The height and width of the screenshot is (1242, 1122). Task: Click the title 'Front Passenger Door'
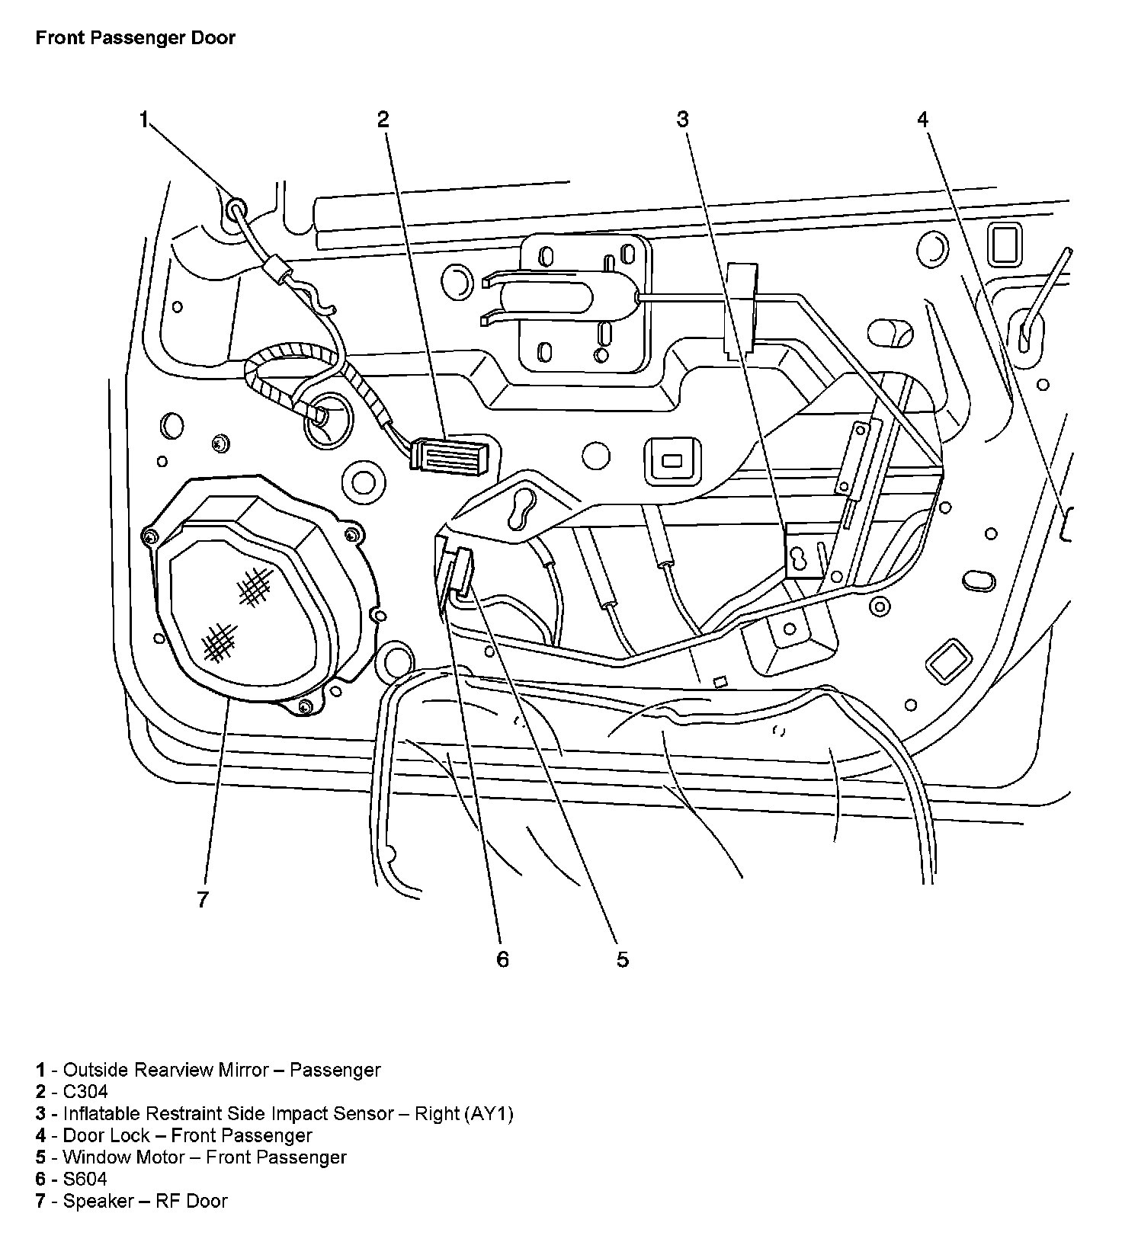136,38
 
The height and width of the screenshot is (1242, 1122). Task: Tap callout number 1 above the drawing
143,120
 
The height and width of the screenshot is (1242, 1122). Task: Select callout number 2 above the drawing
383,119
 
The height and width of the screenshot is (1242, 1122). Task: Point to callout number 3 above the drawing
682,119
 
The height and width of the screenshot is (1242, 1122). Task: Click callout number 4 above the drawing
923,119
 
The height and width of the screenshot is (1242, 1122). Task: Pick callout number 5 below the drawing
623,960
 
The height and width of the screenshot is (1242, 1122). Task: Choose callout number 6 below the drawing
502,959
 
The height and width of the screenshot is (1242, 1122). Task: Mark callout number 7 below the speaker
202,900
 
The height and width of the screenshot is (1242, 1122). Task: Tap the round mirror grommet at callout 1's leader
236,207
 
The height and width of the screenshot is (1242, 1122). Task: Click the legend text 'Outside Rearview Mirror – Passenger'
221,1070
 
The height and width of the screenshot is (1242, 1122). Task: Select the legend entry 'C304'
85,1092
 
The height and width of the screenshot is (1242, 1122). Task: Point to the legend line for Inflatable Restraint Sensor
287,1114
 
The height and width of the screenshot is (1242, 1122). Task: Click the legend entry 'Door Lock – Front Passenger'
187,1135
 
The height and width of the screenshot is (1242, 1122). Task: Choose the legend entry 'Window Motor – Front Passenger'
204,1157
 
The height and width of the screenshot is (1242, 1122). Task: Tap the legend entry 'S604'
85,1180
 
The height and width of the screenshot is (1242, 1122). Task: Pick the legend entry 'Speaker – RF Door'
145,1202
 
